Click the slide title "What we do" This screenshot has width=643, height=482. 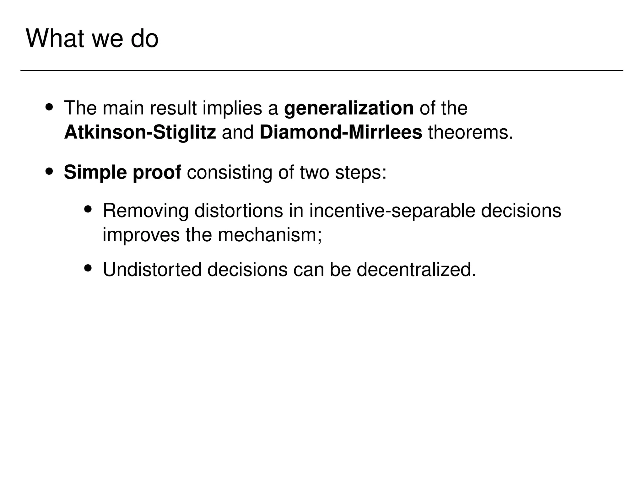[x=92, y=39]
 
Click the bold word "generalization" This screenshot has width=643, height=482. [x=349, y=108]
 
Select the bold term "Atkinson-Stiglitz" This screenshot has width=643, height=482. [x=140, y=132]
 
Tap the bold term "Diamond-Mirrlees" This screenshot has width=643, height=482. [x=341, y=132]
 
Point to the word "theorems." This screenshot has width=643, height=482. [x=470, y=132]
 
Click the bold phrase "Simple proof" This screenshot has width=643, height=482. [x=122, y=173]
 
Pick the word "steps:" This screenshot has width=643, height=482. [x=361, y=173]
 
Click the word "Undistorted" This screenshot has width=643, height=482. [x=152, y=269]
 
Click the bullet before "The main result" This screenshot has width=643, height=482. [x=49, y=107]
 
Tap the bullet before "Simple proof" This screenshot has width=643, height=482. [x=49, y=172]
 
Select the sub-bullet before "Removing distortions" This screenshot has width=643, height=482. [x=88, y=209]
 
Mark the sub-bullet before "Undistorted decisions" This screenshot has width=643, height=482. [x=88, y=268]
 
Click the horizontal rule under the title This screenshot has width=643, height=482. [x=321, y=71]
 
